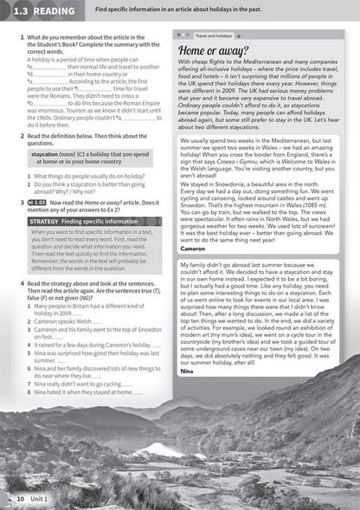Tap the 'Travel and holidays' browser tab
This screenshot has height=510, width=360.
point(212,36)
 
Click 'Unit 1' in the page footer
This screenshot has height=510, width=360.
point(40,500)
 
